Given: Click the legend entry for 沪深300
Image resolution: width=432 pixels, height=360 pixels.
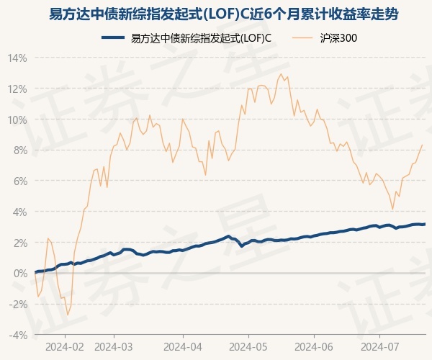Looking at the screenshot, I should [x=337, y=38].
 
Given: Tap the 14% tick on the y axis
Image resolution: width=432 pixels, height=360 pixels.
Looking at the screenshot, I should [x=17, y=58].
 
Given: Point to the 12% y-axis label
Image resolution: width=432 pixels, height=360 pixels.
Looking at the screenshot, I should [x=17, y=89].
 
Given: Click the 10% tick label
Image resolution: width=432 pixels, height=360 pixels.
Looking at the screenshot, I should [x=17, y=120].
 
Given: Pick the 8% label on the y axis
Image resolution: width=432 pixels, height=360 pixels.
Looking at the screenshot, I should [x=19, y=150].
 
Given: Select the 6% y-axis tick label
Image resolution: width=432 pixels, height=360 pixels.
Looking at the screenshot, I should [x=19, y=181].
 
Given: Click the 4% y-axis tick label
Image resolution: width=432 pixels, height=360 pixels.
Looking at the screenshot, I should [x=19, y=212].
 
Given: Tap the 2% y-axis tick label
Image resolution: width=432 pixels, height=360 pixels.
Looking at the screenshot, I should [x=19, y=243].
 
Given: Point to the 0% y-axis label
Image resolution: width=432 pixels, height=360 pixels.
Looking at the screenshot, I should [x=19, y=274].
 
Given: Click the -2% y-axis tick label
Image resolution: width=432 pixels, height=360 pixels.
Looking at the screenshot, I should [x=18, y=305].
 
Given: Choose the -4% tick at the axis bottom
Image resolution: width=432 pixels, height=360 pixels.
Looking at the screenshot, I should [x=18, y=336].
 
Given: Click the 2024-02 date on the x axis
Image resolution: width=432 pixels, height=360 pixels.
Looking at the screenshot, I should [x=65, y=346].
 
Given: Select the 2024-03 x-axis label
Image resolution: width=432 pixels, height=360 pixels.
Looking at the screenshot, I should [x=114, y=346].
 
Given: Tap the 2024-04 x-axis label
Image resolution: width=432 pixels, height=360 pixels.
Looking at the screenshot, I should [x=183, y=346].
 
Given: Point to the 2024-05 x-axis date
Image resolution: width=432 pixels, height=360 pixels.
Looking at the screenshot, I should [x=248, y=346].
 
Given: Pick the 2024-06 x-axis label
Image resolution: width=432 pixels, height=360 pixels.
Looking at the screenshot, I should [x=315, y=346].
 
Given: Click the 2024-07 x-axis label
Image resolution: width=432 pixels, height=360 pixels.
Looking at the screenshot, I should [x=381, y=346].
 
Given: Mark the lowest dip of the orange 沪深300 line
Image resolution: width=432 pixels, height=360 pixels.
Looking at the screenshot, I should [x=68, y=315].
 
